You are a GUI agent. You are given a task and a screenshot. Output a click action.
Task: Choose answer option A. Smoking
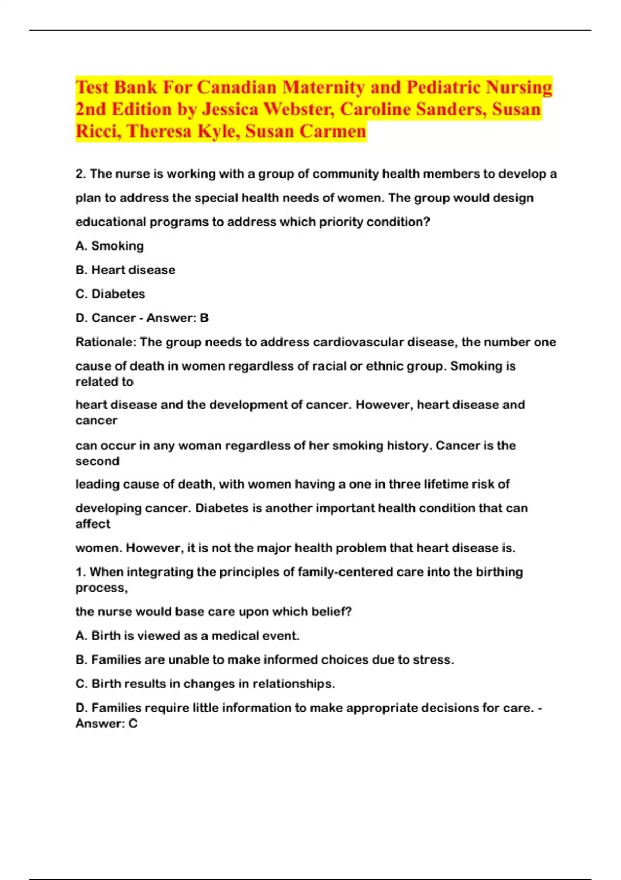[110, 246]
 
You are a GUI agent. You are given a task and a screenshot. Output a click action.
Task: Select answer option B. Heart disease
[125, 270]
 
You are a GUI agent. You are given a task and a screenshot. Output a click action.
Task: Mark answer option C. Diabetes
[110, 294]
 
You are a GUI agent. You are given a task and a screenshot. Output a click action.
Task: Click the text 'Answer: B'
[177, 318]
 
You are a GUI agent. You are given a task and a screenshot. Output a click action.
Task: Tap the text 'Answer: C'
[106, 724]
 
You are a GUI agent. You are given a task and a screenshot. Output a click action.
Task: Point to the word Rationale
[105, 342]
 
